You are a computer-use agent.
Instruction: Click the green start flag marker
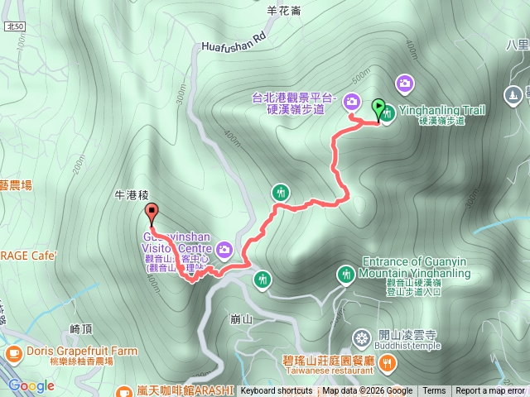coord(378,107)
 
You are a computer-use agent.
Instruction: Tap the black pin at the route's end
coord(151,211)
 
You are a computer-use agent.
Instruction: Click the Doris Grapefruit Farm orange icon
coord(13,352)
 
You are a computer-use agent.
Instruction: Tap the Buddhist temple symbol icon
coord(361,337)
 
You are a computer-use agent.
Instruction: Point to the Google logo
coord(31,385)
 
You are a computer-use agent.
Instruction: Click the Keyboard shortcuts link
coord(277,391)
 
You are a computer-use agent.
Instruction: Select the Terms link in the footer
coord(434,391)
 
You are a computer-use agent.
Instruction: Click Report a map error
coord(490,391)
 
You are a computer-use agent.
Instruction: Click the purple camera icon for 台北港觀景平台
coord(352,102)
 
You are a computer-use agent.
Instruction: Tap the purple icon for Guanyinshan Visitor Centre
coord(224,248)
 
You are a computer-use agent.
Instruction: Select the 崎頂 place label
coord(81,328)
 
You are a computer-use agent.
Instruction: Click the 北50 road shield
coord(14,26)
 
